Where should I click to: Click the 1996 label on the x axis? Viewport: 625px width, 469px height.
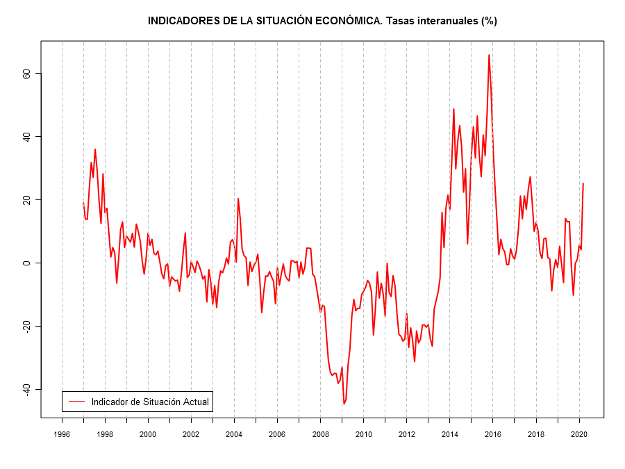click(62, 434)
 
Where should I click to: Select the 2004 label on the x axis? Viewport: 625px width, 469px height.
click(235, 434)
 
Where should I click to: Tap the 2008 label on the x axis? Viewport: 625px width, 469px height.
click(321, 434)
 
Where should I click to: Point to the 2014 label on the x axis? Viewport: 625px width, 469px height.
click(450, 434)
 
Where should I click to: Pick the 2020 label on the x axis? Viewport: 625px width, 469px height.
click(580, 434)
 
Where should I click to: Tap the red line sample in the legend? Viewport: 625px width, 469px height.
click(76, 402)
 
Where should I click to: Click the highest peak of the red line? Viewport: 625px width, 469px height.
click(489, 55)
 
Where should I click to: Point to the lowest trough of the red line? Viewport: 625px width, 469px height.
click(344, 404)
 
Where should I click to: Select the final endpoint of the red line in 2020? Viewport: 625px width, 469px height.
click(583, 183)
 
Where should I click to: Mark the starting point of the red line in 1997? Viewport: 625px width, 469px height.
click(83, 203)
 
